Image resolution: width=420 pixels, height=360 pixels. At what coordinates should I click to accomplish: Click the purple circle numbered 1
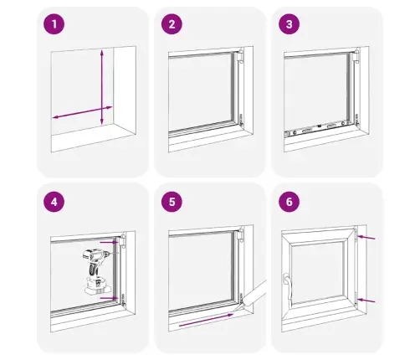point(54,24)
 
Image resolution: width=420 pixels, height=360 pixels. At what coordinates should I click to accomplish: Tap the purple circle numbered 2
point(172,24)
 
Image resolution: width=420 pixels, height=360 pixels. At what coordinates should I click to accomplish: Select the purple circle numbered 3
point(289,24)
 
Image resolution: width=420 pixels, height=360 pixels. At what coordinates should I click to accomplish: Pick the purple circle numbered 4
point(54,202)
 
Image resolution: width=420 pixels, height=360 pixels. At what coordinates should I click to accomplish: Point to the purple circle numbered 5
point(172,202)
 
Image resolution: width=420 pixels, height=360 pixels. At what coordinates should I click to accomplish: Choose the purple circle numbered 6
point(289,202)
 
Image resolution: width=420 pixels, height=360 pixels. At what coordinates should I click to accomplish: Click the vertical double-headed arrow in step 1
point(102,87)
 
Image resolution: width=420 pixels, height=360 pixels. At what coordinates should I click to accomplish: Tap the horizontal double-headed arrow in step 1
point(82,112)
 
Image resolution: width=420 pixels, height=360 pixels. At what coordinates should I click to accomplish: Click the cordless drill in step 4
point(96,270)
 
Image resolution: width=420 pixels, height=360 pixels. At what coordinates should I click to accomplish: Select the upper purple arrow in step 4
point(110,243)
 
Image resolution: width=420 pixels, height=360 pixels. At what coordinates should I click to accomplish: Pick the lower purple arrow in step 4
point(109,298)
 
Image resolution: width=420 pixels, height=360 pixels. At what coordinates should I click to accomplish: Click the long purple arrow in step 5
point(206,320)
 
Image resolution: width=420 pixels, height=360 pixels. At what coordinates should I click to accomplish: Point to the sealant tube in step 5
point(253,296)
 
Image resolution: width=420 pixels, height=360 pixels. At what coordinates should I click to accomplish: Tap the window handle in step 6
point(287,285)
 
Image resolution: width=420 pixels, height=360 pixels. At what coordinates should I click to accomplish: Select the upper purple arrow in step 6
point(366,238)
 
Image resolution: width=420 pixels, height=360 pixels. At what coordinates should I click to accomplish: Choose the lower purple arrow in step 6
point(366,301)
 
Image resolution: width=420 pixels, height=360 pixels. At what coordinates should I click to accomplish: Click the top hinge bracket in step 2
point(240,56)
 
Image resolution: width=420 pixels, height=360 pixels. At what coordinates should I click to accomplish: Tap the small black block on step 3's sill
point(319,126)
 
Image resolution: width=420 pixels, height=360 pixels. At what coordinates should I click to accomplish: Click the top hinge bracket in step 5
point(240,235)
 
